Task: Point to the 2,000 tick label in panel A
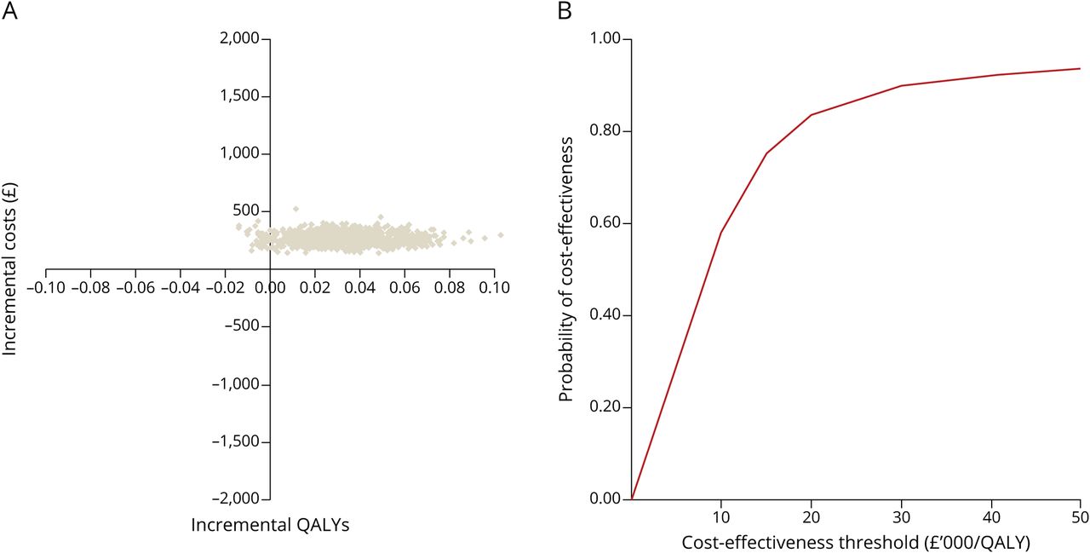[x=240, y=38]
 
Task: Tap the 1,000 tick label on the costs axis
[x=240, y=153]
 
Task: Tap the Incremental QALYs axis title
[x=270, y=526]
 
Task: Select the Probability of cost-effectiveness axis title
[x=566, y=268]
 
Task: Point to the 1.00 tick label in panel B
[x=606, y=39]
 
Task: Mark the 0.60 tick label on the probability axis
[x=606, y=223]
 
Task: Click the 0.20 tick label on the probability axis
[x=606, y=407]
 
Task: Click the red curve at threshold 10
[x=721, y=233]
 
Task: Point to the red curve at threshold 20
[x=811, y=115]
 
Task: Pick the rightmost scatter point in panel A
[x=501, y=234]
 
